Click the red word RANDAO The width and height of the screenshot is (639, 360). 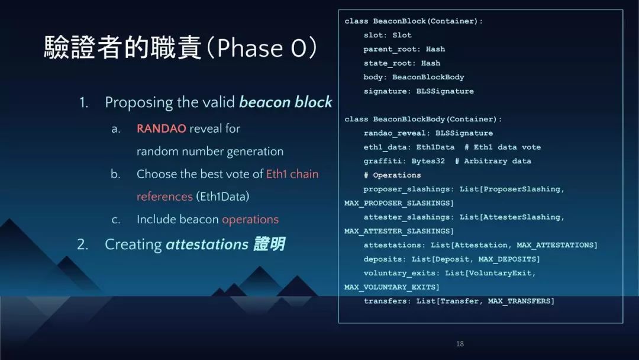162,128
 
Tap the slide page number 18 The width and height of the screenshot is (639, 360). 460,343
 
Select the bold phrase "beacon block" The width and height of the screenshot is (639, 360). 286,102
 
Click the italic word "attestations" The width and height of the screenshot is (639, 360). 207,244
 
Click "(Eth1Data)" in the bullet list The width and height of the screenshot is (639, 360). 222,197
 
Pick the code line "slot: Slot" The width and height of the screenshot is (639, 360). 388,35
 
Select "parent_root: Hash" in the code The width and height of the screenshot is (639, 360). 404,49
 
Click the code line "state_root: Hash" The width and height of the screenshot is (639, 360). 402,63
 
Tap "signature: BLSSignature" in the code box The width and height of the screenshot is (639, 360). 418,91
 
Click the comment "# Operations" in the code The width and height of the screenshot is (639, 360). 392,175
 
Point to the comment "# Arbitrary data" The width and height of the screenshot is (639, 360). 493,161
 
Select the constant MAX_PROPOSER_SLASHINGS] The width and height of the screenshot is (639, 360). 399,203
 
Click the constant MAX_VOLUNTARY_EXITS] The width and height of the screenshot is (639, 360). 392,287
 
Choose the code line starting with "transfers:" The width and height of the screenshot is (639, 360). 459,301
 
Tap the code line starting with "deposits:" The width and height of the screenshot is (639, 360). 451,259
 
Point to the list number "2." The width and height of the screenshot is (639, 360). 83,244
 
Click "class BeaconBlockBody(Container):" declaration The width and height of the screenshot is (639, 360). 423,119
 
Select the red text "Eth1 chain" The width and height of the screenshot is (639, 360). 292,174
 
